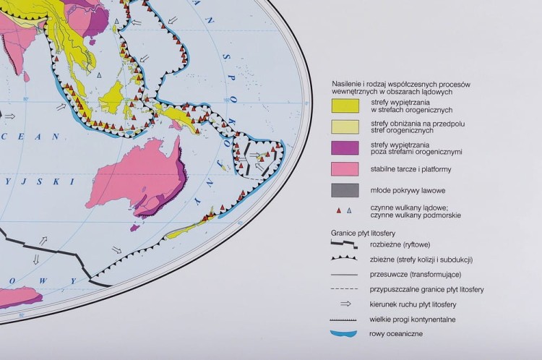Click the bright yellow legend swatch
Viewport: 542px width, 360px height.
(345, 106)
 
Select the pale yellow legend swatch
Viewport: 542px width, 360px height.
(345, 127)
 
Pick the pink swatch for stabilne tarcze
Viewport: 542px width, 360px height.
(345, 169)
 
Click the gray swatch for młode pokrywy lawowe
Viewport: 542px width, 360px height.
(345, 190)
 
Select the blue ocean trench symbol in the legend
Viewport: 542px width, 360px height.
(345, 334)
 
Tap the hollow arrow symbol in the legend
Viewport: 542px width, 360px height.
(345, 304)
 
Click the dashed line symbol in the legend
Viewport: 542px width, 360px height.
(345, 289)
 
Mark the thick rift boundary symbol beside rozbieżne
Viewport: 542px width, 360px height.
(345, 245)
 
